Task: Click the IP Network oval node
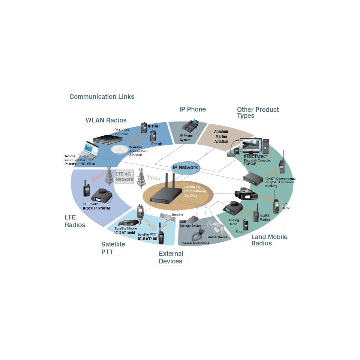(185, 167)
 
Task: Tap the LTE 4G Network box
(124, 176)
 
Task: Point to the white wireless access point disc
(120, 149)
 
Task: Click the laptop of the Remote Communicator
(89, 151)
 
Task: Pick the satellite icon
(168, 217)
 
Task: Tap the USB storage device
(193, 219)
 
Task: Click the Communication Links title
(102, 97)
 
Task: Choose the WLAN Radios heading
(106, 120)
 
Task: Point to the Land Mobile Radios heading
(269, 240)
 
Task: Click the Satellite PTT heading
(113, 248)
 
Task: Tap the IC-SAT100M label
(124, 232)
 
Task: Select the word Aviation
(221, 141)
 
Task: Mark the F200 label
(239, 232)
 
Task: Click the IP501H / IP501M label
(96, 208)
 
